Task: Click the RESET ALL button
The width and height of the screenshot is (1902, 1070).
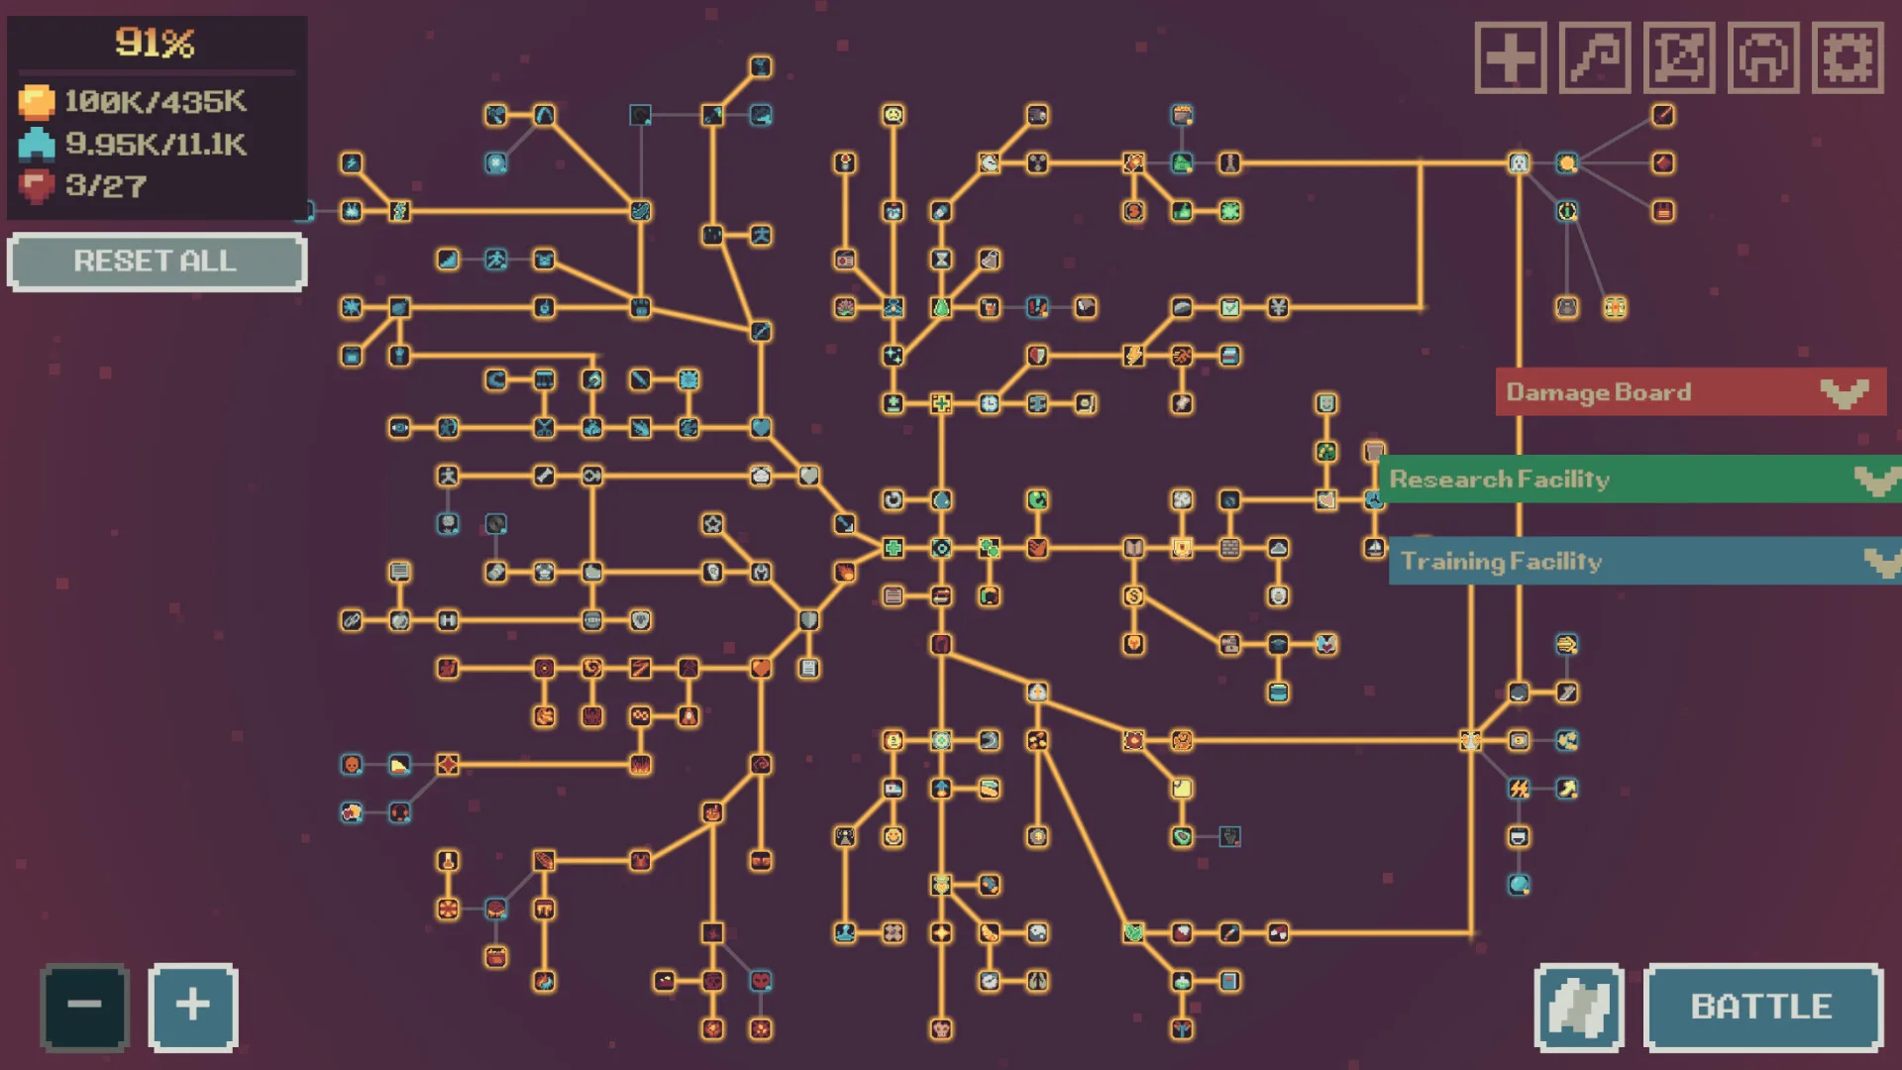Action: [157, 262]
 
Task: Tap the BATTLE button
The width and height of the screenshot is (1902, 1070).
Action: [1762, 1007]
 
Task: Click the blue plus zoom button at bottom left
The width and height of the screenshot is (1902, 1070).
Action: [193, 1006]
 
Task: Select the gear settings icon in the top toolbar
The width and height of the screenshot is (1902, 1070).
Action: [1848, 57]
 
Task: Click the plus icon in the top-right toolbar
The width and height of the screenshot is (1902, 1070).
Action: [1511, 57]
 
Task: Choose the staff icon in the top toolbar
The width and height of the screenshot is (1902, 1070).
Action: [1595, 57]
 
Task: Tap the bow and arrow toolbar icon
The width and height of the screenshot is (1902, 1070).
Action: [1679, 57]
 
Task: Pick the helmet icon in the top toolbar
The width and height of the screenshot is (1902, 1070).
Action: [1763, 57]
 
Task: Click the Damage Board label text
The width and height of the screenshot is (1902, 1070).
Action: [1599, 392]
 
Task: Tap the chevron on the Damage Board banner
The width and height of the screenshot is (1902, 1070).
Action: [1845, 393]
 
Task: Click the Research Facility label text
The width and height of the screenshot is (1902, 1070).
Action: [1500, 480]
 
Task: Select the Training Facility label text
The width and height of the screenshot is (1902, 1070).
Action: [1502, 562]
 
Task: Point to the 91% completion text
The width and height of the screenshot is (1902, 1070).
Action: [156, 43]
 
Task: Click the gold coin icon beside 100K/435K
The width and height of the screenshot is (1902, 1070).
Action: [37, 102]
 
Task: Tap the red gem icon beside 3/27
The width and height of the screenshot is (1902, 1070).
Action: [37, 185]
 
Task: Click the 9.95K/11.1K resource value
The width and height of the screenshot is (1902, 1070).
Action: [156, 145]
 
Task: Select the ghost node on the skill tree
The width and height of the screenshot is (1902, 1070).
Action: [1519, 162]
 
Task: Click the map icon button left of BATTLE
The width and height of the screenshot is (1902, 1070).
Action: [1579, 1007]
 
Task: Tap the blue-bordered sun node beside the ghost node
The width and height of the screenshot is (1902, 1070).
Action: [1566, 162]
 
